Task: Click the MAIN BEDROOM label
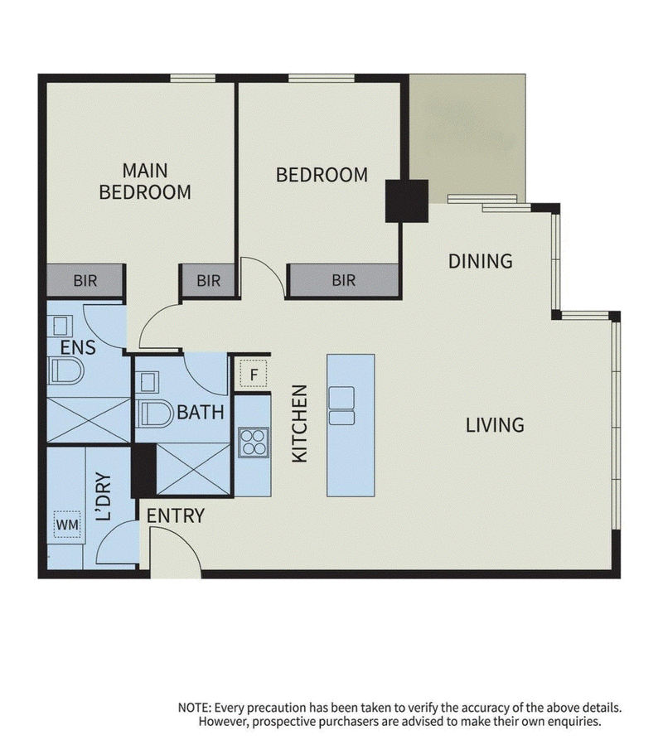(145, 181)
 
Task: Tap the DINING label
(481, 261)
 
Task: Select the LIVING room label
(495, 425)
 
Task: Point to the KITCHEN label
(300, 423)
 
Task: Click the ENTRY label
(176, 515)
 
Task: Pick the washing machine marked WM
(67, 525)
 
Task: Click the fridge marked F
(254, 375)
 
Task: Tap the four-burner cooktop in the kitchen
(254, 443)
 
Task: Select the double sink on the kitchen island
(341, 405)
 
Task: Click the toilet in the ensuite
(65, 371)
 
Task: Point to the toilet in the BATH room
(154, 414)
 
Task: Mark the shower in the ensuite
(89, 421)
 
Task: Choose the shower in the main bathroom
(193, 469)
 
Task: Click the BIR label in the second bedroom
(344, 280)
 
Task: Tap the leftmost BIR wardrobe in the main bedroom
(85, 281)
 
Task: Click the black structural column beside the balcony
(407, 201)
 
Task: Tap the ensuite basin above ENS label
(60, 327)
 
